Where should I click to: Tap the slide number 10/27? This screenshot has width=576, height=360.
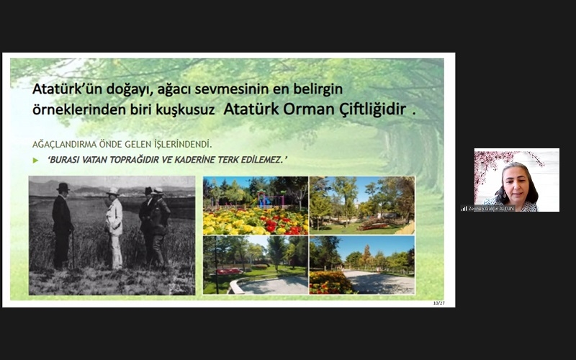coord(438,302)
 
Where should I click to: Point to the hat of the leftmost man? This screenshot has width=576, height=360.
coord(63,187)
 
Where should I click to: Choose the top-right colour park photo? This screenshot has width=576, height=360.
coord(362,205)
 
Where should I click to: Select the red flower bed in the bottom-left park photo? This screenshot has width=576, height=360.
coord(230,271)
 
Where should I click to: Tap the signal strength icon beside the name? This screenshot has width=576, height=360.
coord(464,208)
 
